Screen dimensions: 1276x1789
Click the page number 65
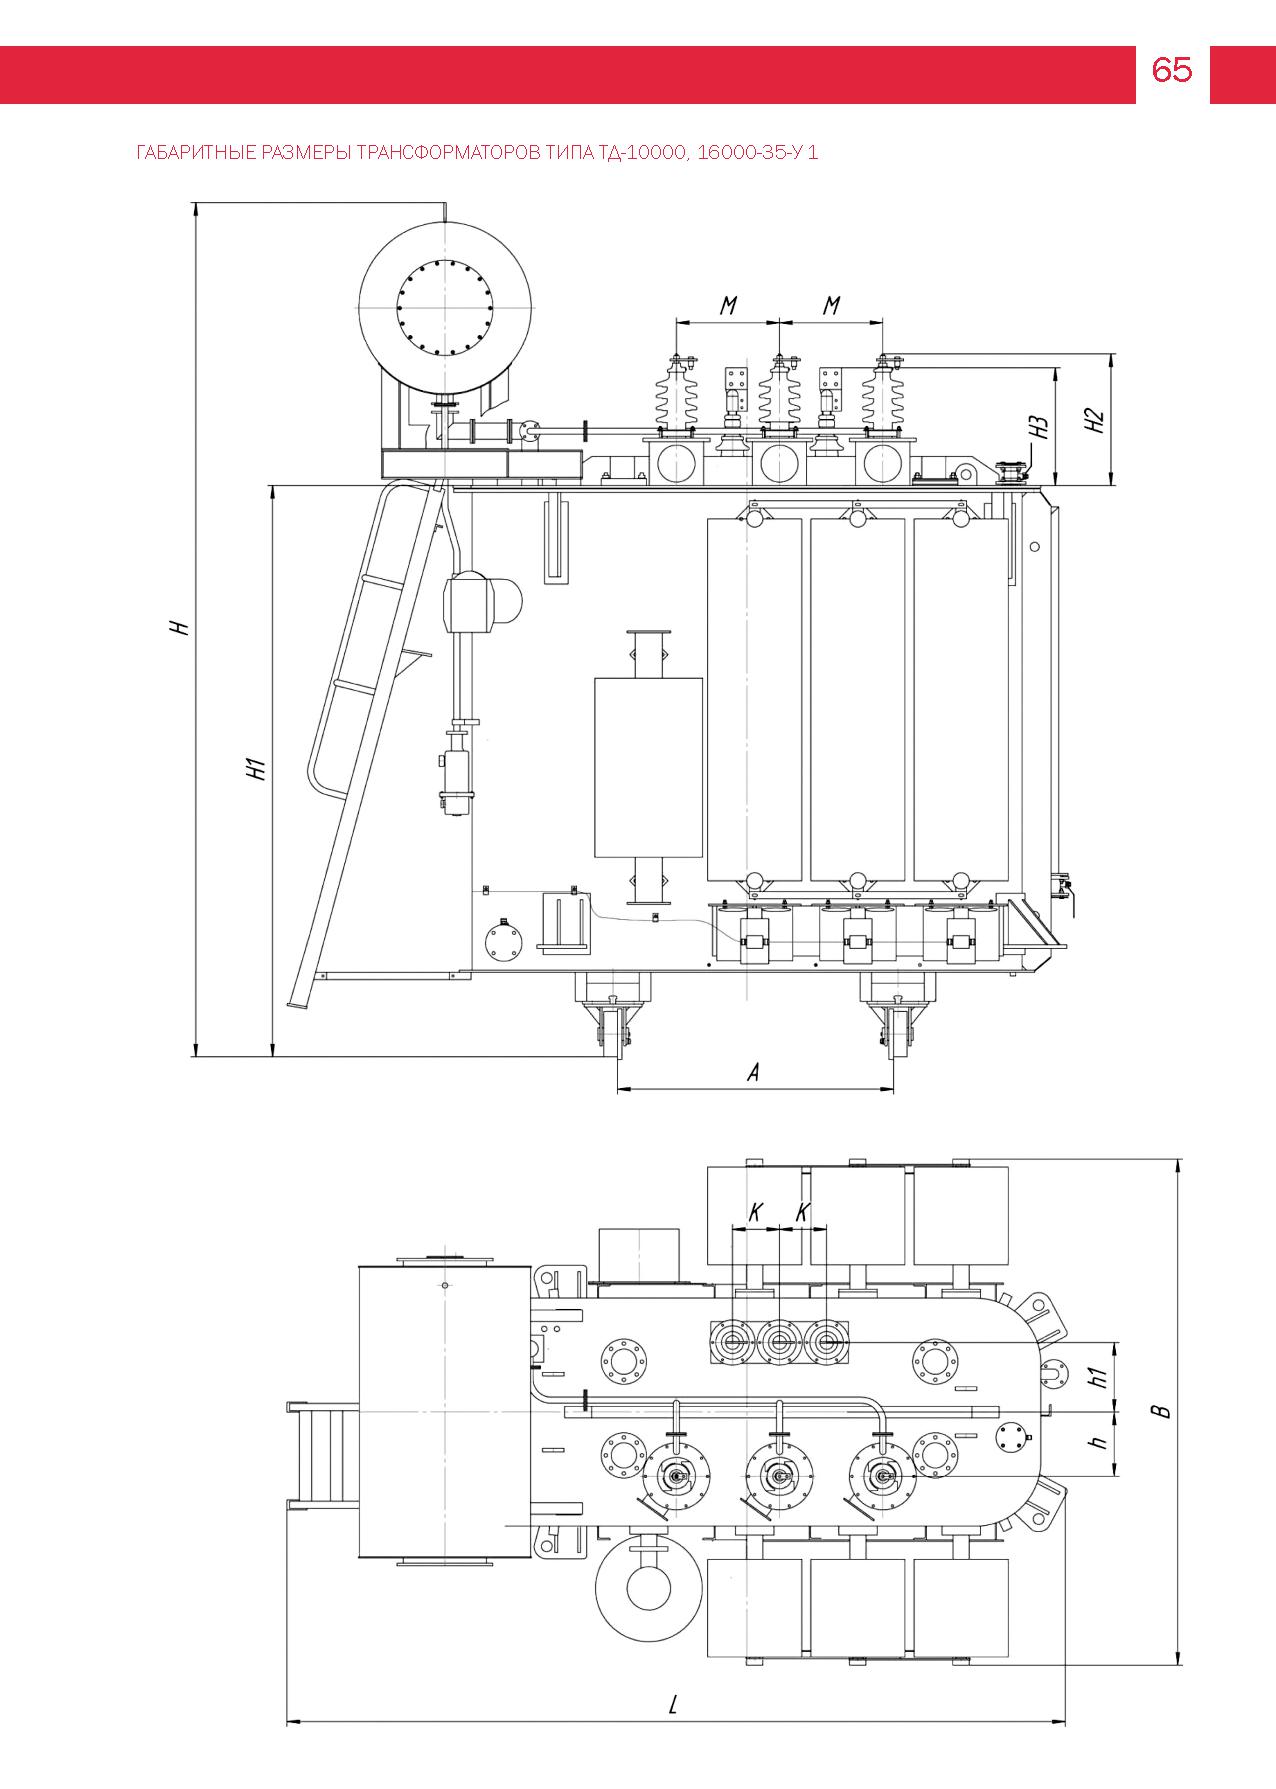point(1172,70)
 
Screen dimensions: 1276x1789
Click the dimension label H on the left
point(178,627)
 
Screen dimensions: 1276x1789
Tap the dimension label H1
point(256,768)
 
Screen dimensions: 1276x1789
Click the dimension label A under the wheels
point(754,1072)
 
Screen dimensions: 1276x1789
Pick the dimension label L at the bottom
point(674,1705)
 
